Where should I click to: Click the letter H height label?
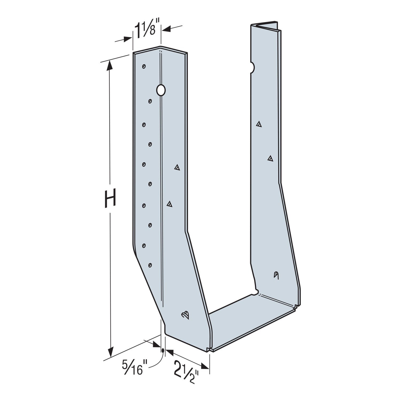pos(110,198)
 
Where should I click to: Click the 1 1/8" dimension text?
pos(145,31)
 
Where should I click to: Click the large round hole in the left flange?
pos(161,90)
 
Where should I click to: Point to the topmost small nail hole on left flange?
pos(144,66)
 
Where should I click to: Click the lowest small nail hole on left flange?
pos(150,265)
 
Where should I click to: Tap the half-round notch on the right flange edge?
pos(252,67)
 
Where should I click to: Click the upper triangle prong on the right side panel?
pos(259,124)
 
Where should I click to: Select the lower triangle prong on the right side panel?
pos(270,158)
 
